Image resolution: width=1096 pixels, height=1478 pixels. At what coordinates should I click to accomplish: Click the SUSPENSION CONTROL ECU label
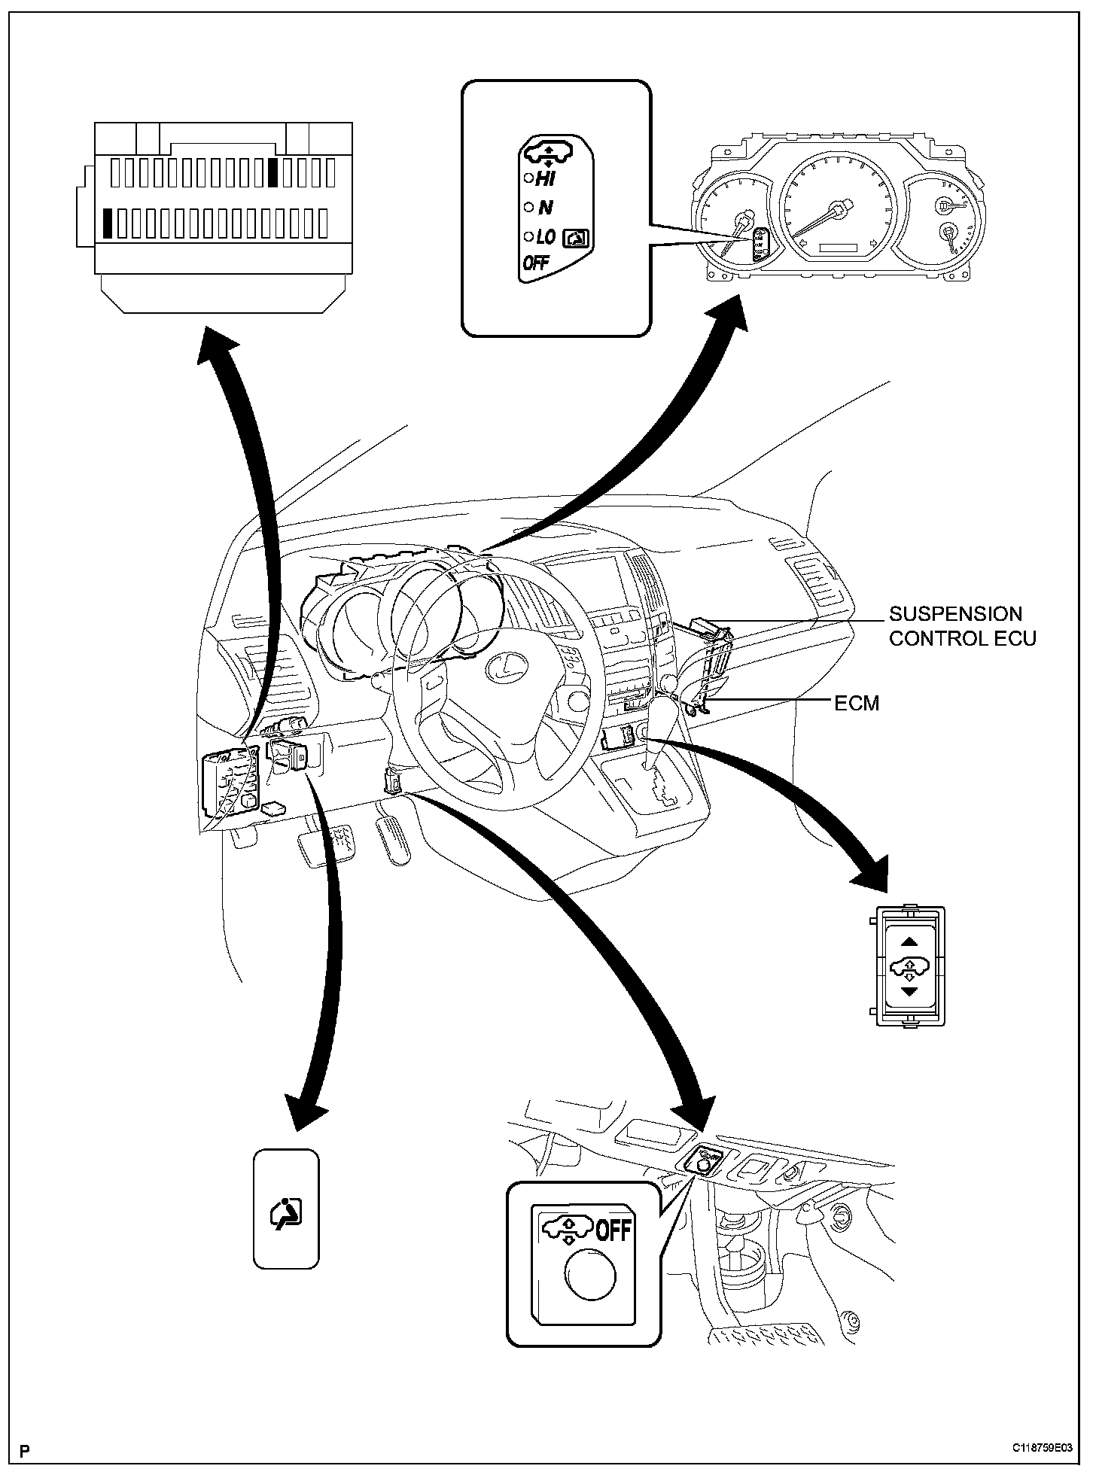(962, 626)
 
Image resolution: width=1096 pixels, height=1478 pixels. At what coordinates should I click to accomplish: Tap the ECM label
(857, 703)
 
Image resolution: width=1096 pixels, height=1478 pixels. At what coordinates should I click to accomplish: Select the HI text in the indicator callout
(545, 178)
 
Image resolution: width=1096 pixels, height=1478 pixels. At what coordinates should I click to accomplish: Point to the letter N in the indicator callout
(546, 208)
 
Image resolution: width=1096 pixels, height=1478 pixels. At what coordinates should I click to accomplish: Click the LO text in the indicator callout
(545, 237)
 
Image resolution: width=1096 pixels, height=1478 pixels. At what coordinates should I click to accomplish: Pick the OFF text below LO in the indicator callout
(535, 263)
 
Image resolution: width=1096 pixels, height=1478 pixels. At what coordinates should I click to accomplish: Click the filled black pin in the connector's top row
(274, 172)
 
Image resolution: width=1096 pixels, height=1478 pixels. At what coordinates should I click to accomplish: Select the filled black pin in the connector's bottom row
(109, 223)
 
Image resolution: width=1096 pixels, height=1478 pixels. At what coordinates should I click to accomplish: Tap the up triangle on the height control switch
(909, 940)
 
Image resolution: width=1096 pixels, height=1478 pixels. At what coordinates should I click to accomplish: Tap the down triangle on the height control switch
(909, 992)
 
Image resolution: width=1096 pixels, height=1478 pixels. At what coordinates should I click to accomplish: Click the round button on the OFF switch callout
(589, 1276)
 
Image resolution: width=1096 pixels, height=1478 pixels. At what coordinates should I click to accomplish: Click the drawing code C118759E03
(1042, 1447)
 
